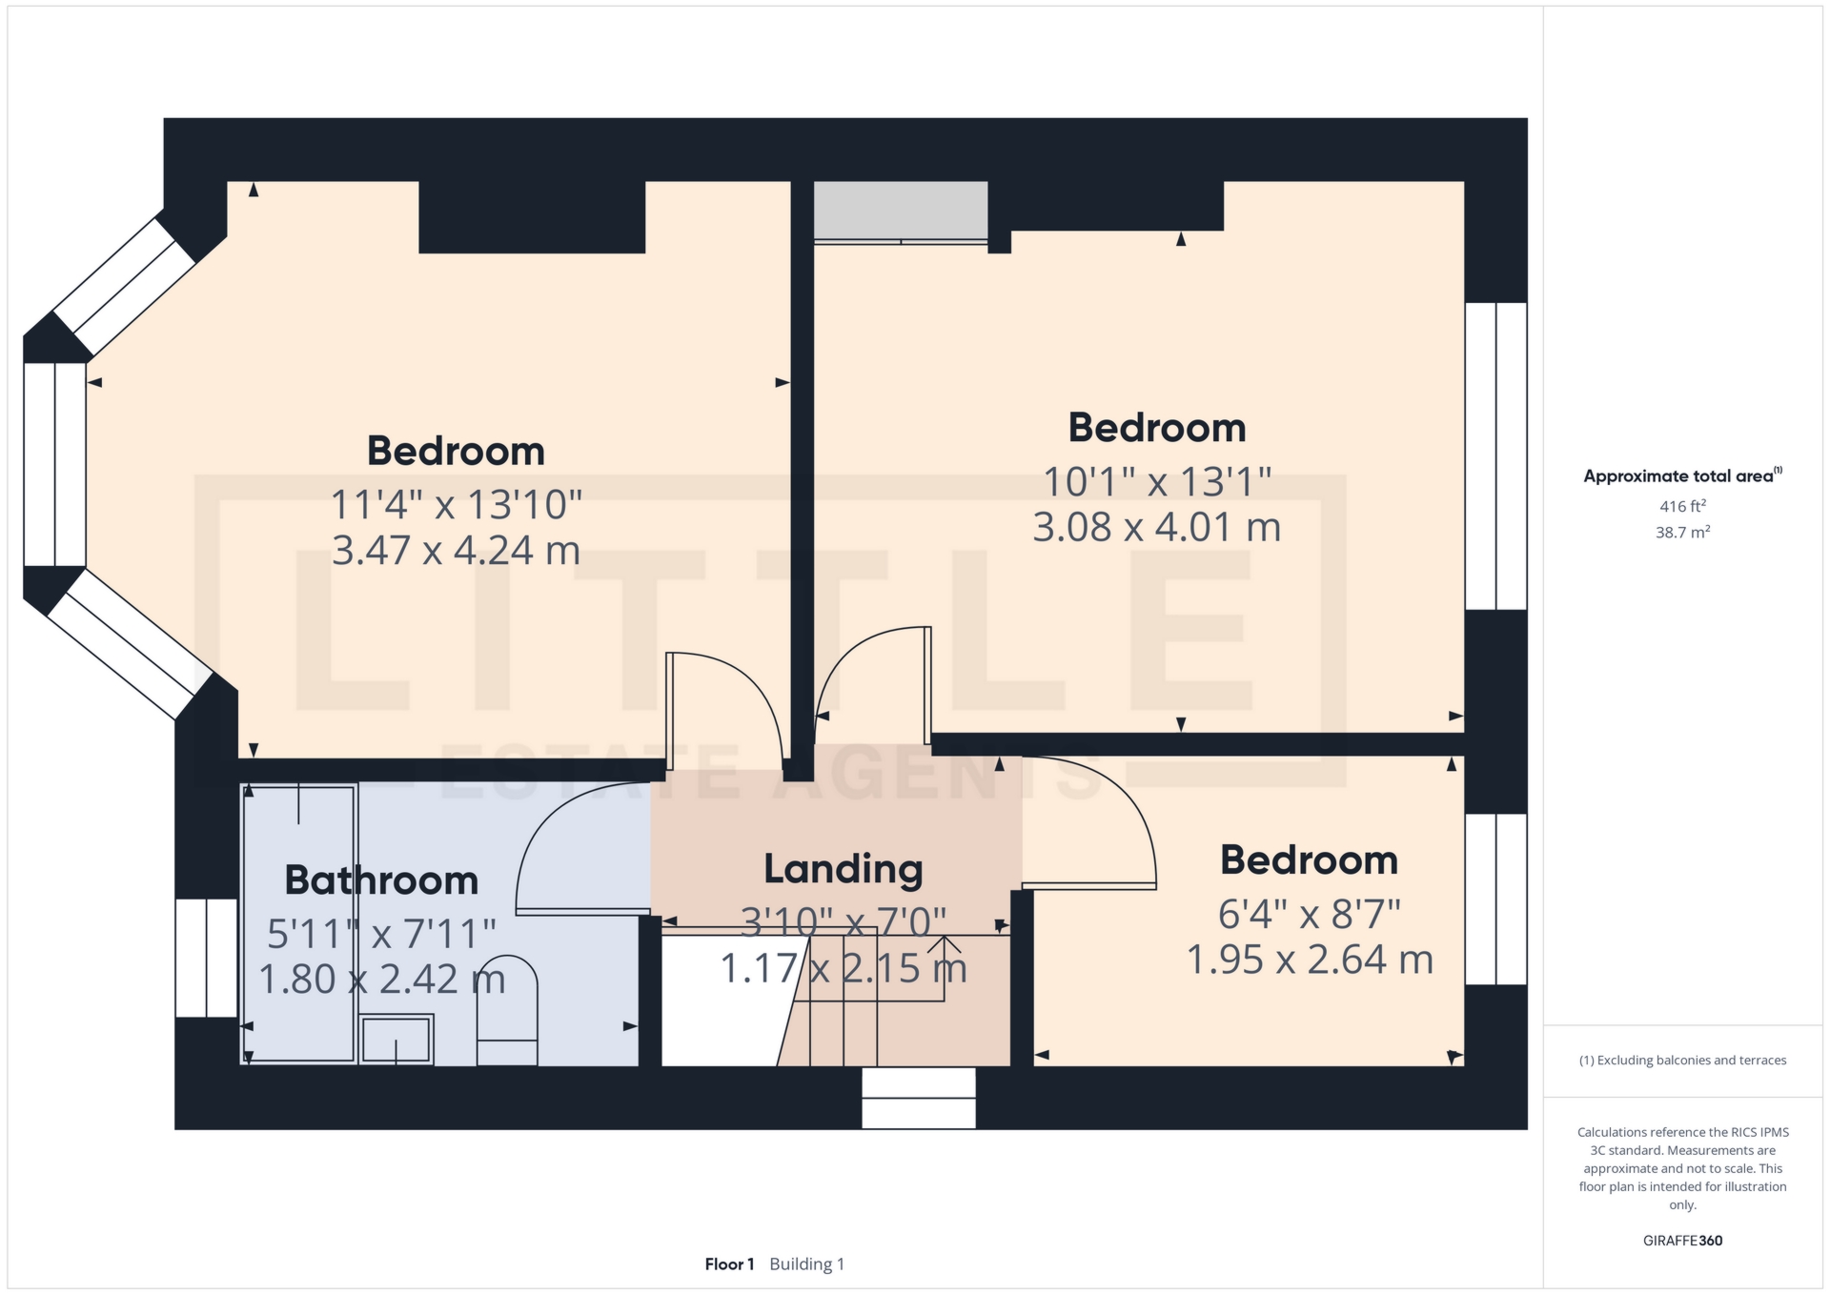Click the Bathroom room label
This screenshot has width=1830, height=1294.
(x=381, y=880)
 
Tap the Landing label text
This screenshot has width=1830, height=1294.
(x=844, y=870)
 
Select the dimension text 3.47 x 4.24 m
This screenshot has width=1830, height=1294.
(x=456, y=551)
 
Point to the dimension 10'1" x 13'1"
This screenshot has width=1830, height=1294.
(x=1157, y=481)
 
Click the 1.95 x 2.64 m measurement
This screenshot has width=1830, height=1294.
(x=1310, y=960)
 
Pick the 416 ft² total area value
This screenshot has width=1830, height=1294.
(x=1682, y=507)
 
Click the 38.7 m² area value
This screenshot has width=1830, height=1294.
(x=1682, y=533)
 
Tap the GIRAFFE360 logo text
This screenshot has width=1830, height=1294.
(x=1682, y=1241)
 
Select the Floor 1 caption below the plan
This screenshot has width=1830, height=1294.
(x=729, y=1264)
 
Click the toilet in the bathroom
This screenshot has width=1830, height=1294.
(x=507, y=1010)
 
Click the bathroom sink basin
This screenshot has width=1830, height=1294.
(x=396, y=1040)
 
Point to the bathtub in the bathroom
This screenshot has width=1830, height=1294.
(x=299, y=922)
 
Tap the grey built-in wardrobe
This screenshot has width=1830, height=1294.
(x=900, y=211)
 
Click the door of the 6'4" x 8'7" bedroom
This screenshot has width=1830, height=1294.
(x=1088, y=822)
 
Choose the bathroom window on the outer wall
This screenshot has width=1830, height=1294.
(x=206, y=958)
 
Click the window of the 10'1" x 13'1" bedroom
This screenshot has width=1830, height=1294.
(x=1495, y=456)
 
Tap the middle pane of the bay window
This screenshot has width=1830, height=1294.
(x=55, y=465)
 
